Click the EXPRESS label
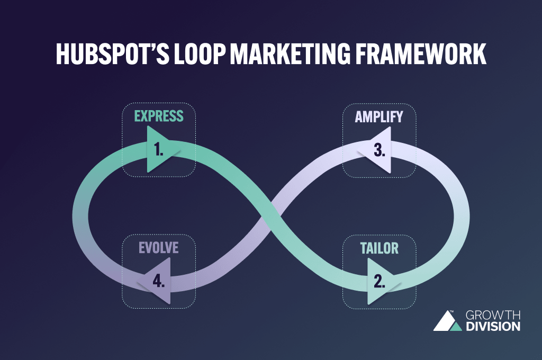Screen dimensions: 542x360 click(159, 116)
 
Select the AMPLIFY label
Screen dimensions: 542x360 click(379, 116)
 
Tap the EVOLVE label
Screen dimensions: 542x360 click(159, 247)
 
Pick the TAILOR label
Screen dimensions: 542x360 click(379, 247)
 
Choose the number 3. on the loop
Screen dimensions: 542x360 click(379, 150)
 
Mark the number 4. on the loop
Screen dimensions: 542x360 click(159, 281)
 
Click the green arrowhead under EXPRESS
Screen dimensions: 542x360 click(159, 151)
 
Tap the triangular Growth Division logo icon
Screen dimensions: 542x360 click(448, 321)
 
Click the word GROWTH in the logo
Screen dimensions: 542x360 click(493, 316)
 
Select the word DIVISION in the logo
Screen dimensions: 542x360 click(493, 327)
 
